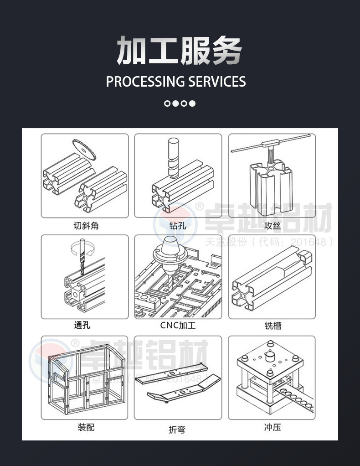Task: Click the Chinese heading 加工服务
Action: point(179,50)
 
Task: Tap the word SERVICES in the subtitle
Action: point(217,82)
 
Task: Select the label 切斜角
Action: point(86,225)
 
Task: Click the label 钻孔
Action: point(178,225)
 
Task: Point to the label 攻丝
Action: point(273,225)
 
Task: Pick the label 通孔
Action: point(82,325)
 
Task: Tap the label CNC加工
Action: point(178,326)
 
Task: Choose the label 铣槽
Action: point(273,326)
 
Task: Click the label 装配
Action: point(86,427)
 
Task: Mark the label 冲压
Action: point(272,428)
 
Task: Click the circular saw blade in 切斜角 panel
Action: point(85,149)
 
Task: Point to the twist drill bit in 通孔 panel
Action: point(82,262)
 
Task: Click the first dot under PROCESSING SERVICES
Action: point(167,104)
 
